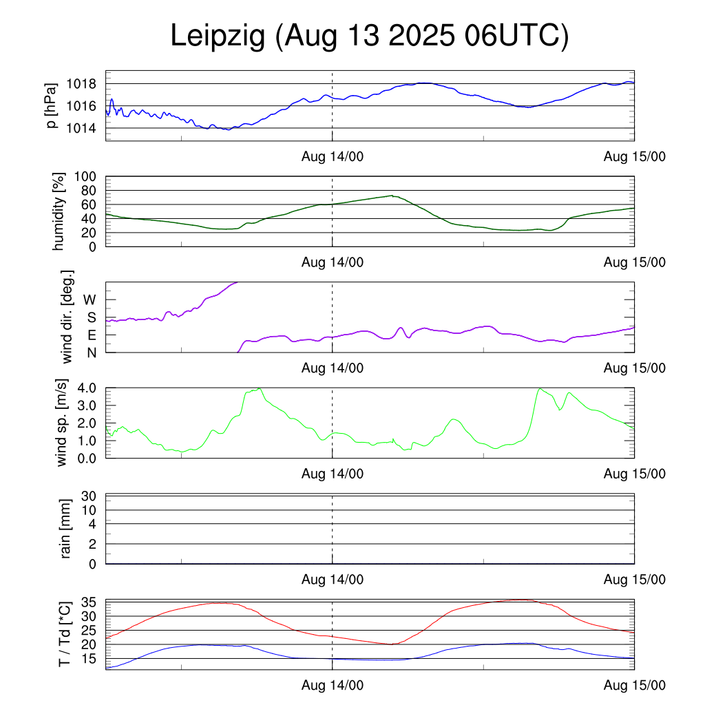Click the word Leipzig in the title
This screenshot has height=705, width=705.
218,37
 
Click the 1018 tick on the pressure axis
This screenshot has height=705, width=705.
81,84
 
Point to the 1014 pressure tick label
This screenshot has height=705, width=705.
81,128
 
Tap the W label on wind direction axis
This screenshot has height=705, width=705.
90,300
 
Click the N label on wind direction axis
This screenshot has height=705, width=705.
90,352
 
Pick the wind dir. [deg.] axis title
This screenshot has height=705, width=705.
67,317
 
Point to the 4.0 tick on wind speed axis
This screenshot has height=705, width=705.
86,388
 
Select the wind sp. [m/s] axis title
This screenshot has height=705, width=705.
63,422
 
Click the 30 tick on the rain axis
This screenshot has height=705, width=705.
89,496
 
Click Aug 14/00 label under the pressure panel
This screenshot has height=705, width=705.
333,156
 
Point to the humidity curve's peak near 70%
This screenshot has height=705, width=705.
392,196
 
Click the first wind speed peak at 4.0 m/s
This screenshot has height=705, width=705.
259,388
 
